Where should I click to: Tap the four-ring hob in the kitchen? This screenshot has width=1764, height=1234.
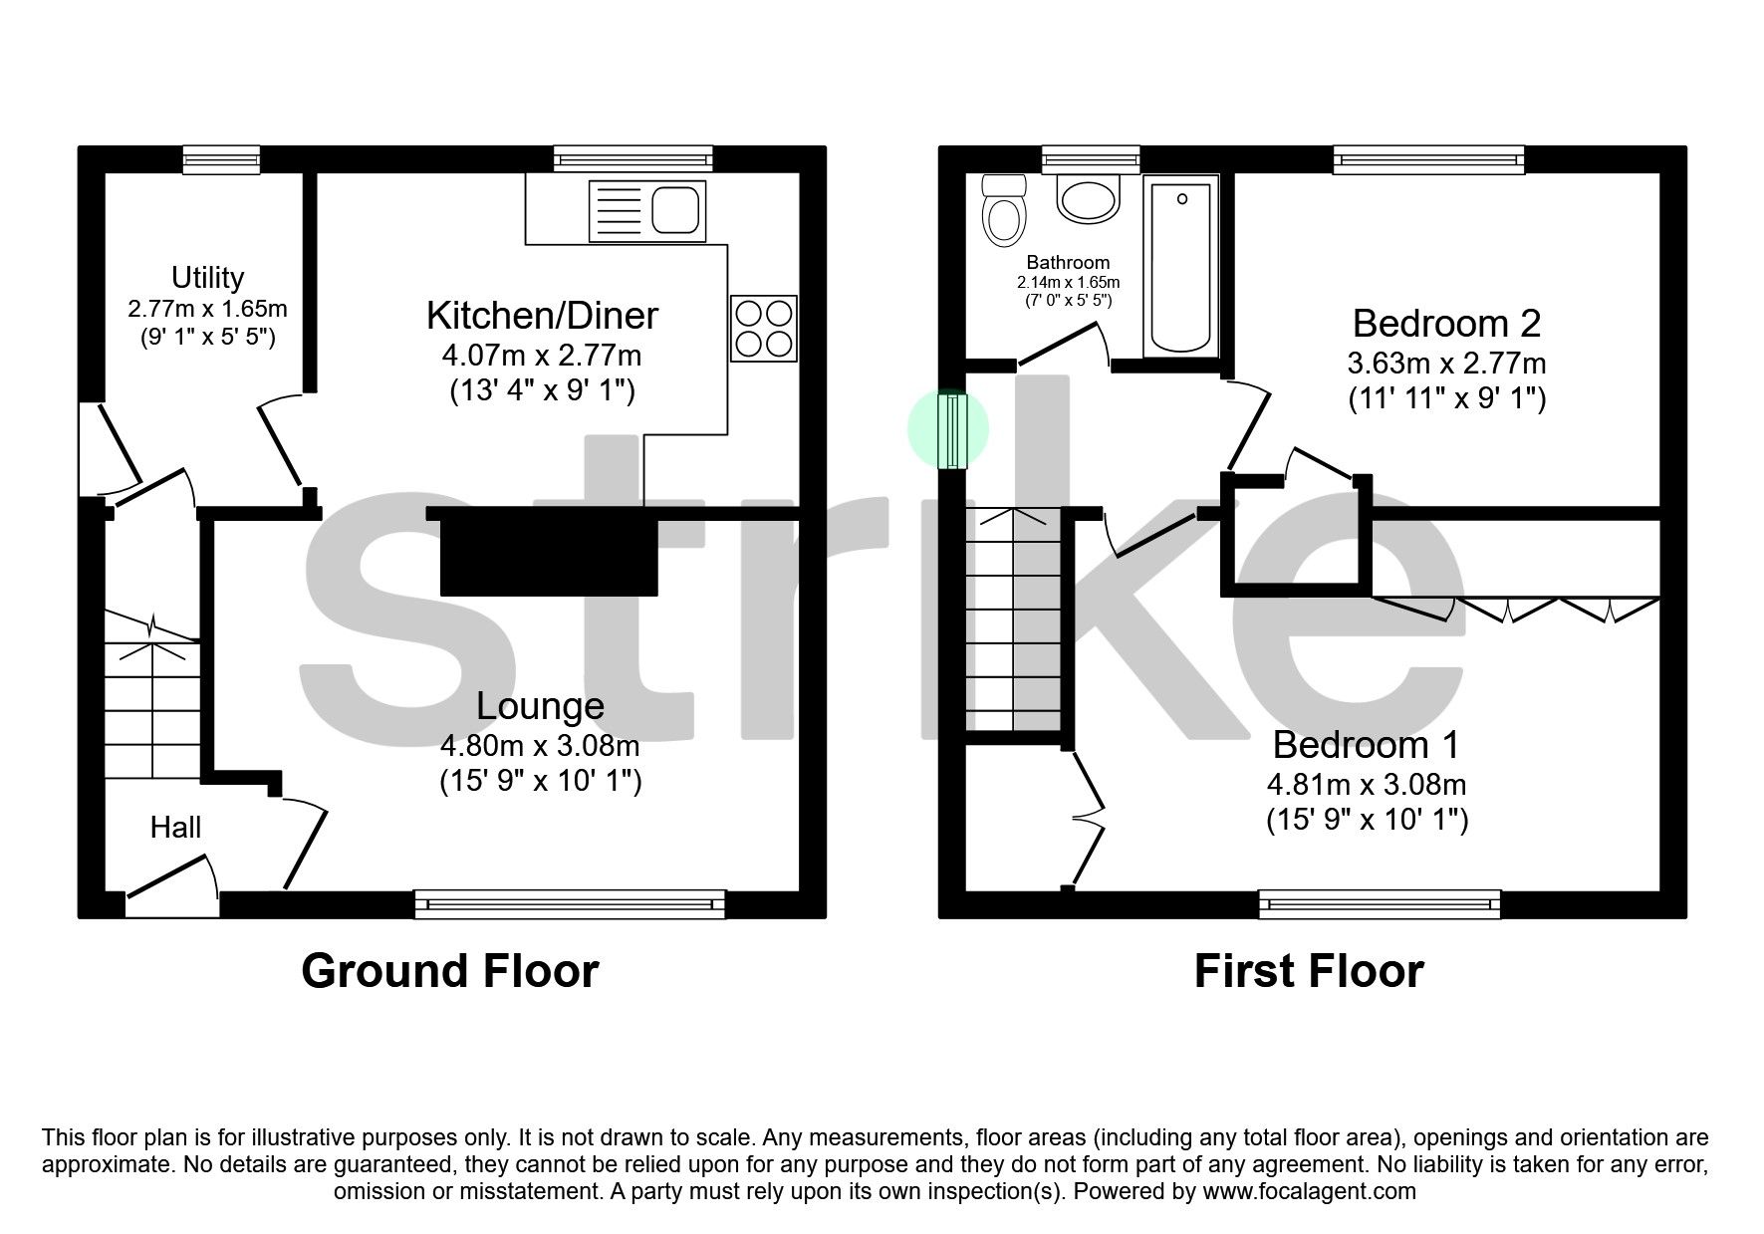coord(764,329)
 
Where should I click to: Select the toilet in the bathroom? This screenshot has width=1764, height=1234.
coord(1003,210)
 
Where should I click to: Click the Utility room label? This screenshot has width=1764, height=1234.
coord(207,277)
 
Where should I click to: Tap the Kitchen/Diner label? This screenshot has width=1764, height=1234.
coord(542,316)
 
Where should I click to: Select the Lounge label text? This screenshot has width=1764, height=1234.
coord(540,706)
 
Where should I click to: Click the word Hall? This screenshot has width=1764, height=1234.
coord(175,827)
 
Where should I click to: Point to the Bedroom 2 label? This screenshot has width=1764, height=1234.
coord(1446,324)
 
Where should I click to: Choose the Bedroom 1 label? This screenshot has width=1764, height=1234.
coord(1366,745)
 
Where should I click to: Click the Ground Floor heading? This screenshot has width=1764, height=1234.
coord(449,971)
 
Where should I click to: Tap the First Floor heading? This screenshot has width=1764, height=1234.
coord(1309,971)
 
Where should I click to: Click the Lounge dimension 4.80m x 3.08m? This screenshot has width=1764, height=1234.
coord(540,745)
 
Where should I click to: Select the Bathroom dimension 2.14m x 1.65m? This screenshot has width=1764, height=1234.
coord(1068,282)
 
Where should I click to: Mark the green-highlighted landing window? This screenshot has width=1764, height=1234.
coord(954,430)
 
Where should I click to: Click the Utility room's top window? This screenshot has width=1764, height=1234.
coord(221,159)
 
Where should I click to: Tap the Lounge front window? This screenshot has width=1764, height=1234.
coord(570,904)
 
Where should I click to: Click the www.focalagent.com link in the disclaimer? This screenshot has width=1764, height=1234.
coord(1309,1191)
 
